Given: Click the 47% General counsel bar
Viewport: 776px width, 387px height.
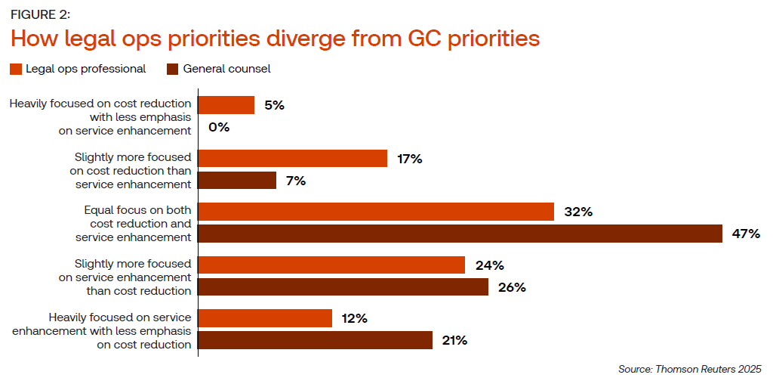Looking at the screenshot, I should pos(460,234).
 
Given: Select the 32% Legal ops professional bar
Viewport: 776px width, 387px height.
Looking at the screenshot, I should pos(376,212).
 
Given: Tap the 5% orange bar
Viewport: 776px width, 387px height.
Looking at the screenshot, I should pos(226,105).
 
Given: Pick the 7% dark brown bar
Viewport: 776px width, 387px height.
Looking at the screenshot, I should pos(237,181).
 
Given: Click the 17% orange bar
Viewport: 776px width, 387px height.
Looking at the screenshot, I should pos(293,159).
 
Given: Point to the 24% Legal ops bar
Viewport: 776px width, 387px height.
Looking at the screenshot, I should pos(331,265).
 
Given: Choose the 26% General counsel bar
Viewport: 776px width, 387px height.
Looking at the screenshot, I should pos(343,287).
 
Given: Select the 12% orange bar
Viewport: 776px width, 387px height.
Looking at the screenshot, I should pos(265,318).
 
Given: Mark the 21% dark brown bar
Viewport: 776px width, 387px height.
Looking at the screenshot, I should pos(316,340).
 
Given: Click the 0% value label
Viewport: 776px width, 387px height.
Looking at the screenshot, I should pos(219,127).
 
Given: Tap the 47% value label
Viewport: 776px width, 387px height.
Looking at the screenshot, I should pos(746,234).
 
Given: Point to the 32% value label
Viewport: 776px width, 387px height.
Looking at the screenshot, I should pos(578,212).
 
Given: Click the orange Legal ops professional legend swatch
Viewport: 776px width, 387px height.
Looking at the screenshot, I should pos(15,70).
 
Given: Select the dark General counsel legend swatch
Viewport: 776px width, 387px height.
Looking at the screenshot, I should pos(172,70).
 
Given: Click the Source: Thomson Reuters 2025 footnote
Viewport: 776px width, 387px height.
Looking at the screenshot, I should pos(689,369).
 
